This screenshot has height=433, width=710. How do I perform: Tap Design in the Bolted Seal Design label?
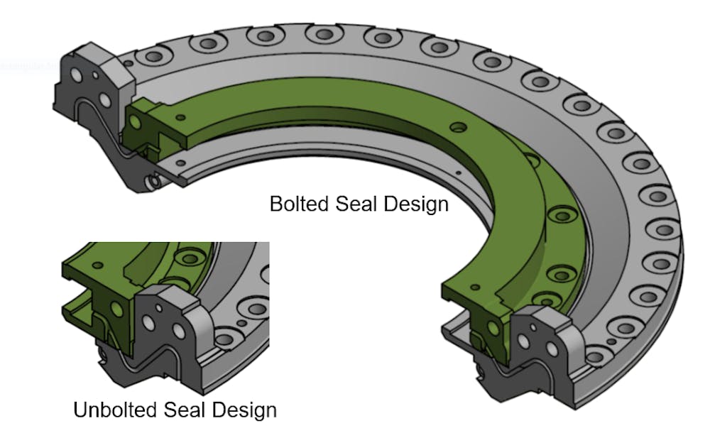416,204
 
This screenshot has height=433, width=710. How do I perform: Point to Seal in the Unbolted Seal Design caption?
184,410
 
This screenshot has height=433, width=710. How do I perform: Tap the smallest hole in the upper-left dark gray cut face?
96,74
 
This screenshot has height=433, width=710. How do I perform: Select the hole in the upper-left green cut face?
135,121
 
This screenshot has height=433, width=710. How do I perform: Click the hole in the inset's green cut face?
116,309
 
